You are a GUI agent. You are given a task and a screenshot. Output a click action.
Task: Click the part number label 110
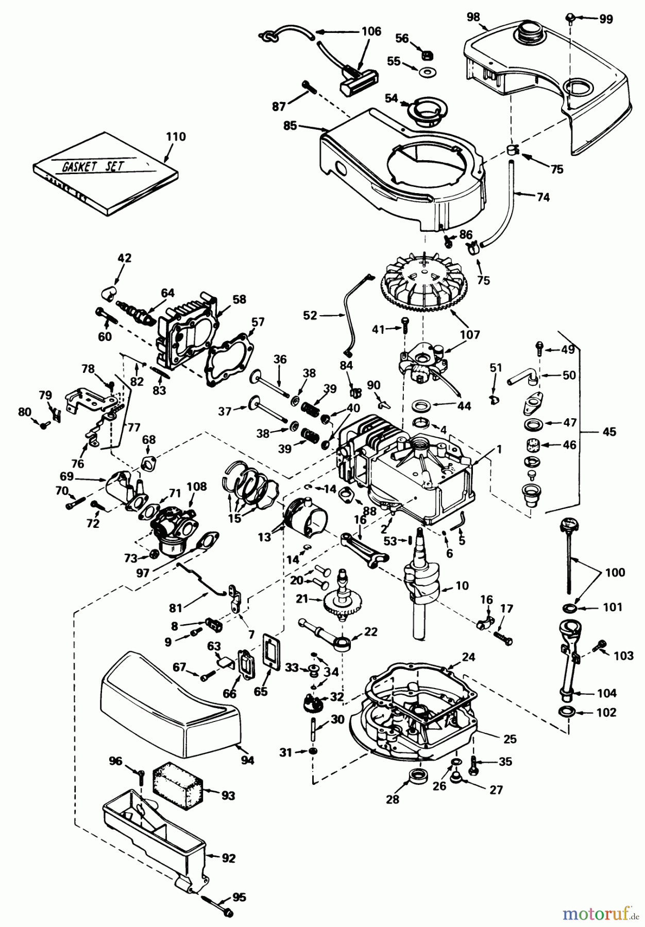[x=176, y=137]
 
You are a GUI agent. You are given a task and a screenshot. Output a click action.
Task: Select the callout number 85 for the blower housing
[x=290, y=125]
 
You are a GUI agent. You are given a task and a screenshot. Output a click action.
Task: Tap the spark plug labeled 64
[x=135, y=311]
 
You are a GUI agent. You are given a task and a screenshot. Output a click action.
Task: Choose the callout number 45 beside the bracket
[x=609, y=432]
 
